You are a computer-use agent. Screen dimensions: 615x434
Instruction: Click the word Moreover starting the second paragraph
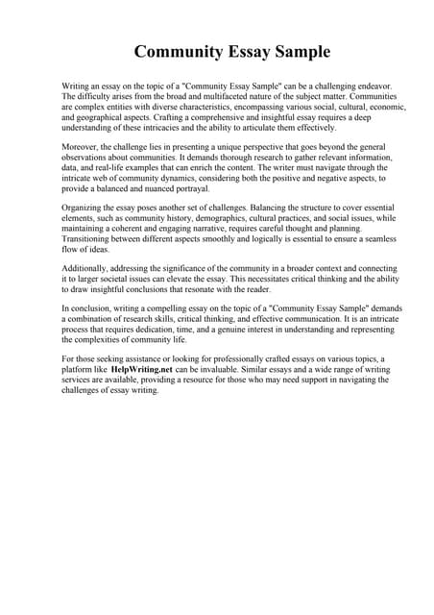[x=83, y=148]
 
